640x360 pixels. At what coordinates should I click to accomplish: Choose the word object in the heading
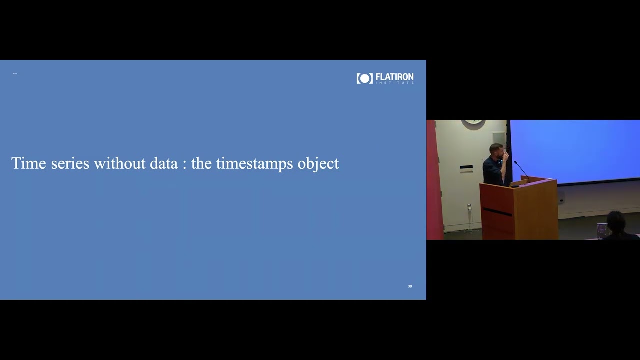(x=318, y=164)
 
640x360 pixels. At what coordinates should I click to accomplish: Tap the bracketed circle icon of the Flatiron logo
(x=365, y=78)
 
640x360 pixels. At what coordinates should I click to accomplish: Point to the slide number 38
(x=410, y=286)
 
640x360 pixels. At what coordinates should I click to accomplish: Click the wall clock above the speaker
(x=473, y=122)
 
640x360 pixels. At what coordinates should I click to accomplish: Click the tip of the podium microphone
(x=515, y=162)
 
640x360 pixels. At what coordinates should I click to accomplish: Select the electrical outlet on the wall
(x=469, y=207)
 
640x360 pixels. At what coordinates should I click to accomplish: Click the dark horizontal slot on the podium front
(x=497, y=212)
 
